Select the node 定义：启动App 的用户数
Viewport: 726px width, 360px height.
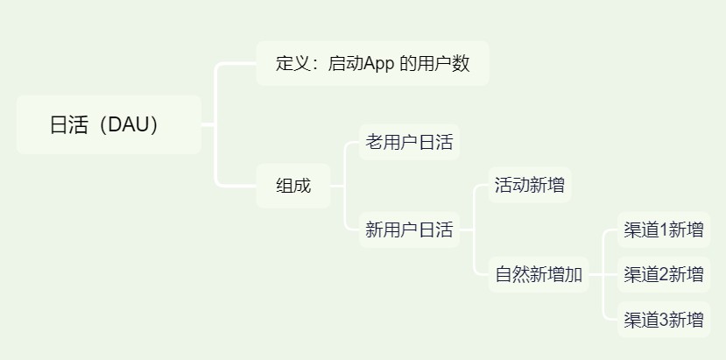372,64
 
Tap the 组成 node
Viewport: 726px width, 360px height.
293,186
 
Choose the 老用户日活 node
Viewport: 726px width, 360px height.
409,142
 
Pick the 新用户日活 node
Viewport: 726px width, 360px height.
409,230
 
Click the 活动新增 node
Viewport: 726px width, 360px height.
529,186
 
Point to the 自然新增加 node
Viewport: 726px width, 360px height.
539,274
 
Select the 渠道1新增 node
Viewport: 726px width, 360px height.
663,230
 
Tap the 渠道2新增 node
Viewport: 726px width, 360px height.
663,274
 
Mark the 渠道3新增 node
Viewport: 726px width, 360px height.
663,319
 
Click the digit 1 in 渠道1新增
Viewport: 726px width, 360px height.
663,230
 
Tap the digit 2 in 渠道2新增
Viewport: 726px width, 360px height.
663,275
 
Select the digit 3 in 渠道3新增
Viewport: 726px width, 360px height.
663,319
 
